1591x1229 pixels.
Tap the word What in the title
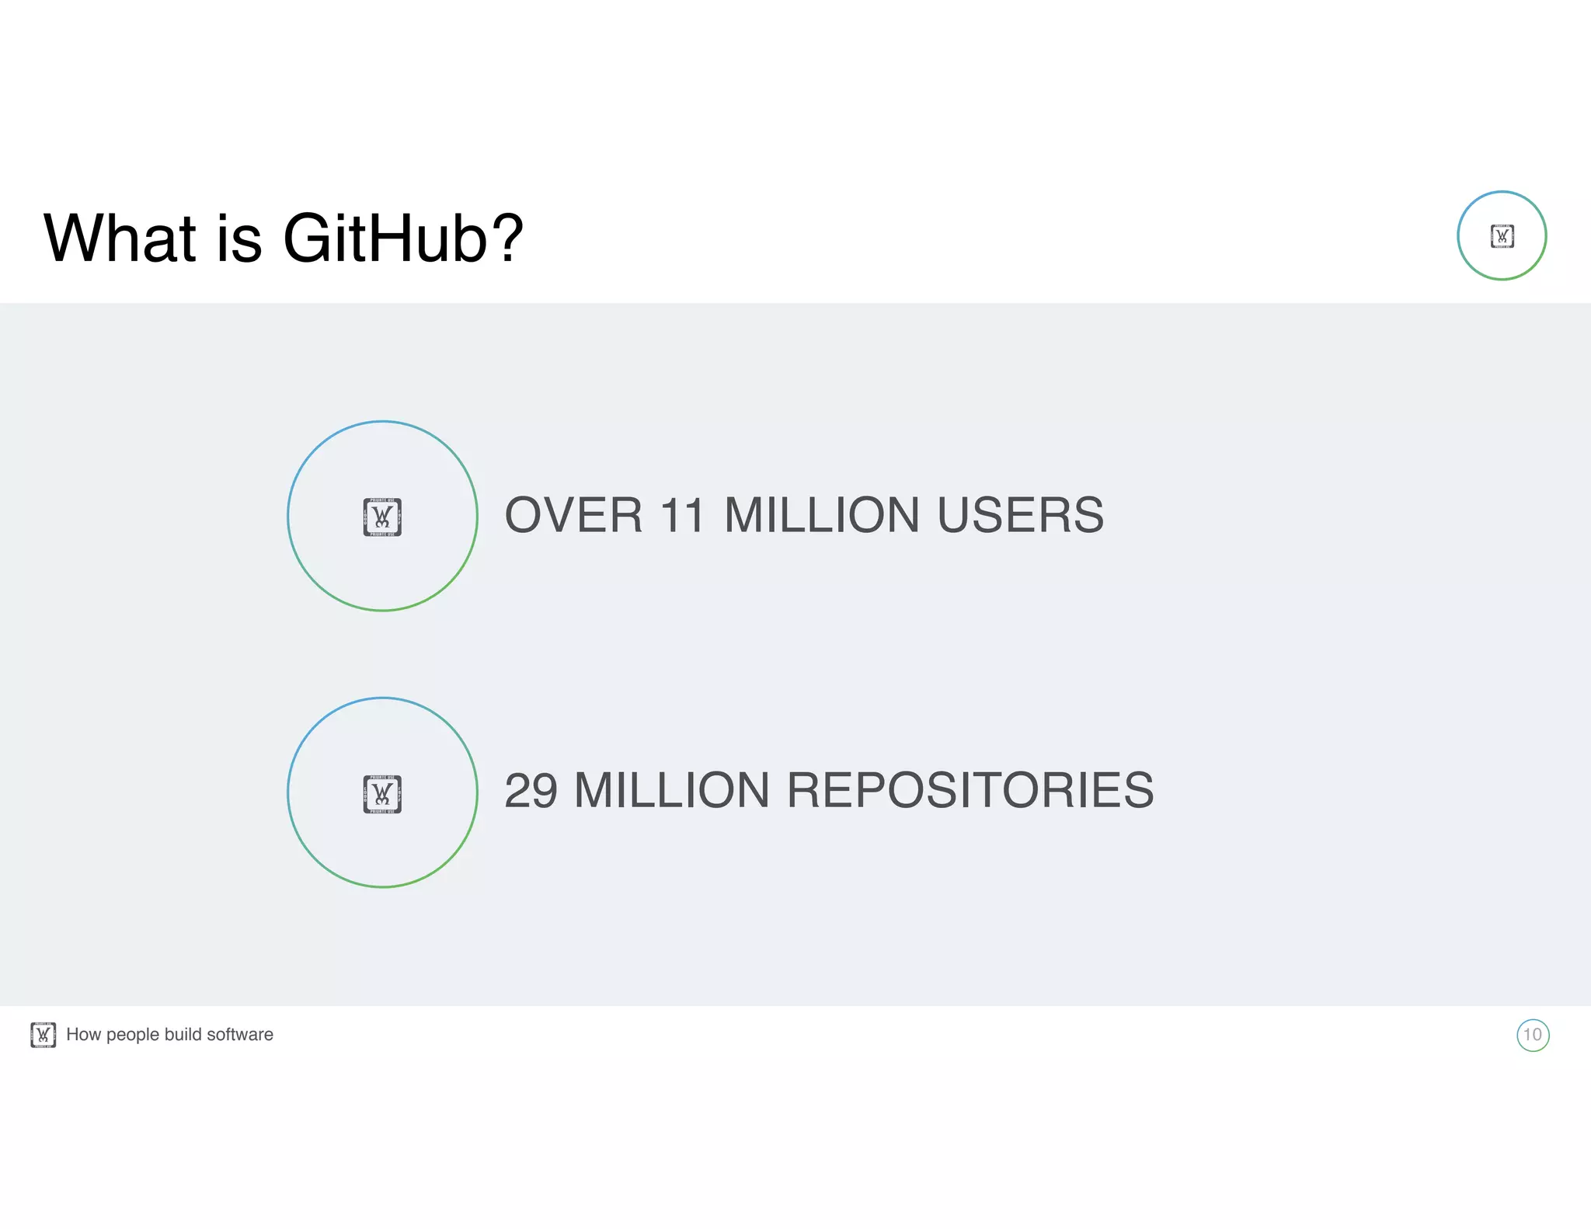click(x=120, y=238)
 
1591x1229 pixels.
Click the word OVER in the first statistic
click(x=573, y=515)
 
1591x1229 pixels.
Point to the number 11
click(x=682, y=515)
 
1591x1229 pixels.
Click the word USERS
click(x=1020, y=515)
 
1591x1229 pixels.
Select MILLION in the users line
click(x=821, y=515)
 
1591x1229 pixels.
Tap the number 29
click(x=531, y=791)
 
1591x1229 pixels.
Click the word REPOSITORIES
click(x=970, y=791)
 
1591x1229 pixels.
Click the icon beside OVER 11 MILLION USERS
click(x=382, y=517)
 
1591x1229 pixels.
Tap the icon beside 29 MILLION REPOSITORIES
click(x=382, y=793)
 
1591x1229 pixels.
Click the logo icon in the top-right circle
click(x=1502, y=236)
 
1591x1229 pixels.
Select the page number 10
click(x=1532, y=1035)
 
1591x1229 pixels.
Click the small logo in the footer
click(x=43, y=1035)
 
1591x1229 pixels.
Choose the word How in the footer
click(x=83, y=1035)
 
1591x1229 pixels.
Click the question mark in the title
click(x=508, y=238)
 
